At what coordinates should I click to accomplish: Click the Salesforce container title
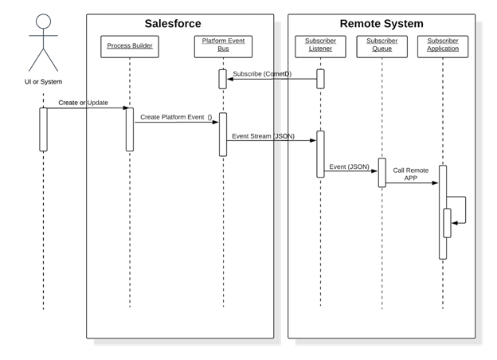click(172, 24)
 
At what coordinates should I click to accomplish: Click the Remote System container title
click(382, 24)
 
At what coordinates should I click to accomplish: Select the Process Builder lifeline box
click(130, 46)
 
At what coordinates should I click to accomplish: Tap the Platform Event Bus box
click(223, 45)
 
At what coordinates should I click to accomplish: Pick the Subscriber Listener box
click(320, 45)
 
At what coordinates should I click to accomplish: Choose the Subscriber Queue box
click(382, 45)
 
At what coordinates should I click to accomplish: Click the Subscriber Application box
click(442, 45)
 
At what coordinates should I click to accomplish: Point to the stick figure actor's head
click(43, 22)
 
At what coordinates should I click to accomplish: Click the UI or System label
click(43, 82)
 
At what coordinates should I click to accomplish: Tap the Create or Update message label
click(83, 103)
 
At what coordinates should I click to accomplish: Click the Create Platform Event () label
click(176, 117)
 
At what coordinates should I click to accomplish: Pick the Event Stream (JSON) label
click(263, 136)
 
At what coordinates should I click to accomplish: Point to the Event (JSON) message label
click(349, 166)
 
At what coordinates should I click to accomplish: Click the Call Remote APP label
click(410, 174)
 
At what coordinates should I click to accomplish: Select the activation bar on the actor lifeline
click(43, 129)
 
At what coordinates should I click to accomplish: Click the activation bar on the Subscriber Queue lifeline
click(382, 172)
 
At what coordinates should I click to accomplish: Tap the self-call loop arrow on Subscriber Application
click(459, 210)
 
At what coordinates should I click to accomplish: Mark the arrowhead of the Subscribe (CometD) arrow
click(231, 79)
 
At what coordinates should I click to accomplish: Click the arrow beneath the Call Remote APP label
click(412, 183)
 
